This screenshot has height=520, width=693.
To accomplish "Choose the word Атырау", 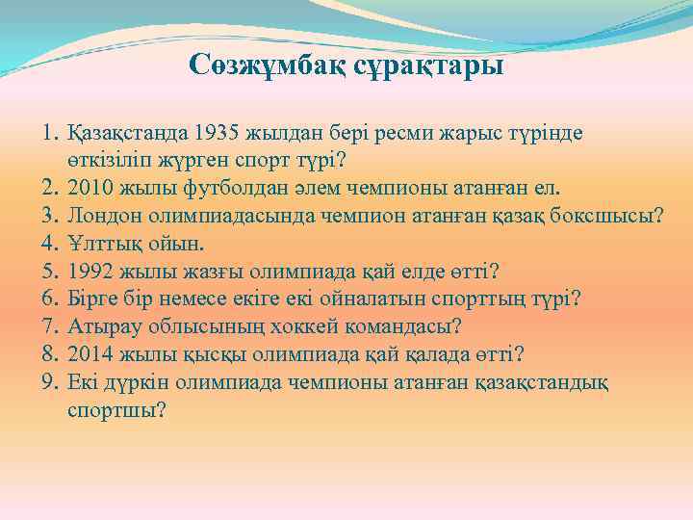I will pyautogui.click(x=101, y=324).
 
